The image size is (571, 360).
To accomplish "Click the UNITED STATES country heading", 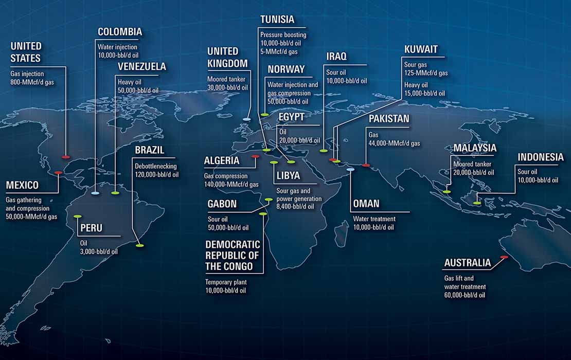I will click(x=26, y=51).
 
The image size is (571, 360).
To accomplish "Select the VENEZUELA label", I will click(x=142, y=66).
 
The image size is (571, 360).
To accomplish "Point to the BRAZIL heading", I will click(x=150, y=150).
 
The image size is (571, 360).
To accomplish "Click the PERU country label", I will click(x=91, y=228).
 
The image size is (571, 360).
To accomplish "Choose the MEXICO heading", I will click(x=22, y=185).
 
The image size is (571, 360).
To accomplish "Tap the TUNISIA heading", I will click(x=277, y=20).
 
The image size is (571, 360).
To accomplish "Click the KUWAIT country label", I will click(x=421, y=49).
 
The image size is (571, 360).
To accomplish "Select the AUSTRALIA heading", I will click(x=467, y=263).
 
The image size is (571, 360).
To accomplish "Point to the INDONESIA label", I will click(x=541, y=157).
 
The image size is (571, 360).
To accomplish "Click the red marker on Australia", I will click(x=504, y=257).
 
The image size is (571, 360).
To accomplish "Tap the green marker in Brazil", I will click(x=140, y=246).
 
